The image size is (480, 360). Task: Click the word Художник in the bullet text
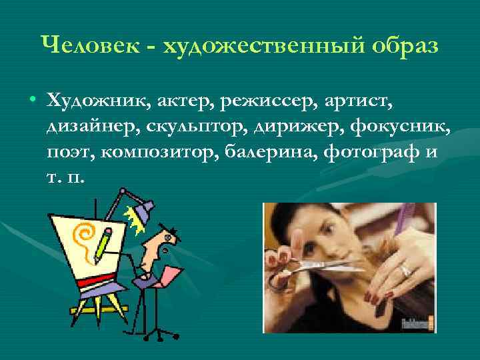coord(99,100)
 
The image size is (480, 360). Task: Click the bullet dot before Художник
coord(33,101)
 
